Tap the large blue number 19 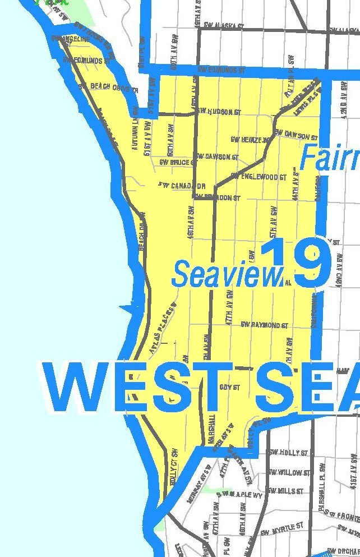coord(296,263)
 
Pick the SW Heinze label coord(250,140)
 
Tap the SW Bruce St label coord(176,163)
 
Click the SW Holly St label coord(288,453)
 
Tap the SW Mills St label coord(286,491)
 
